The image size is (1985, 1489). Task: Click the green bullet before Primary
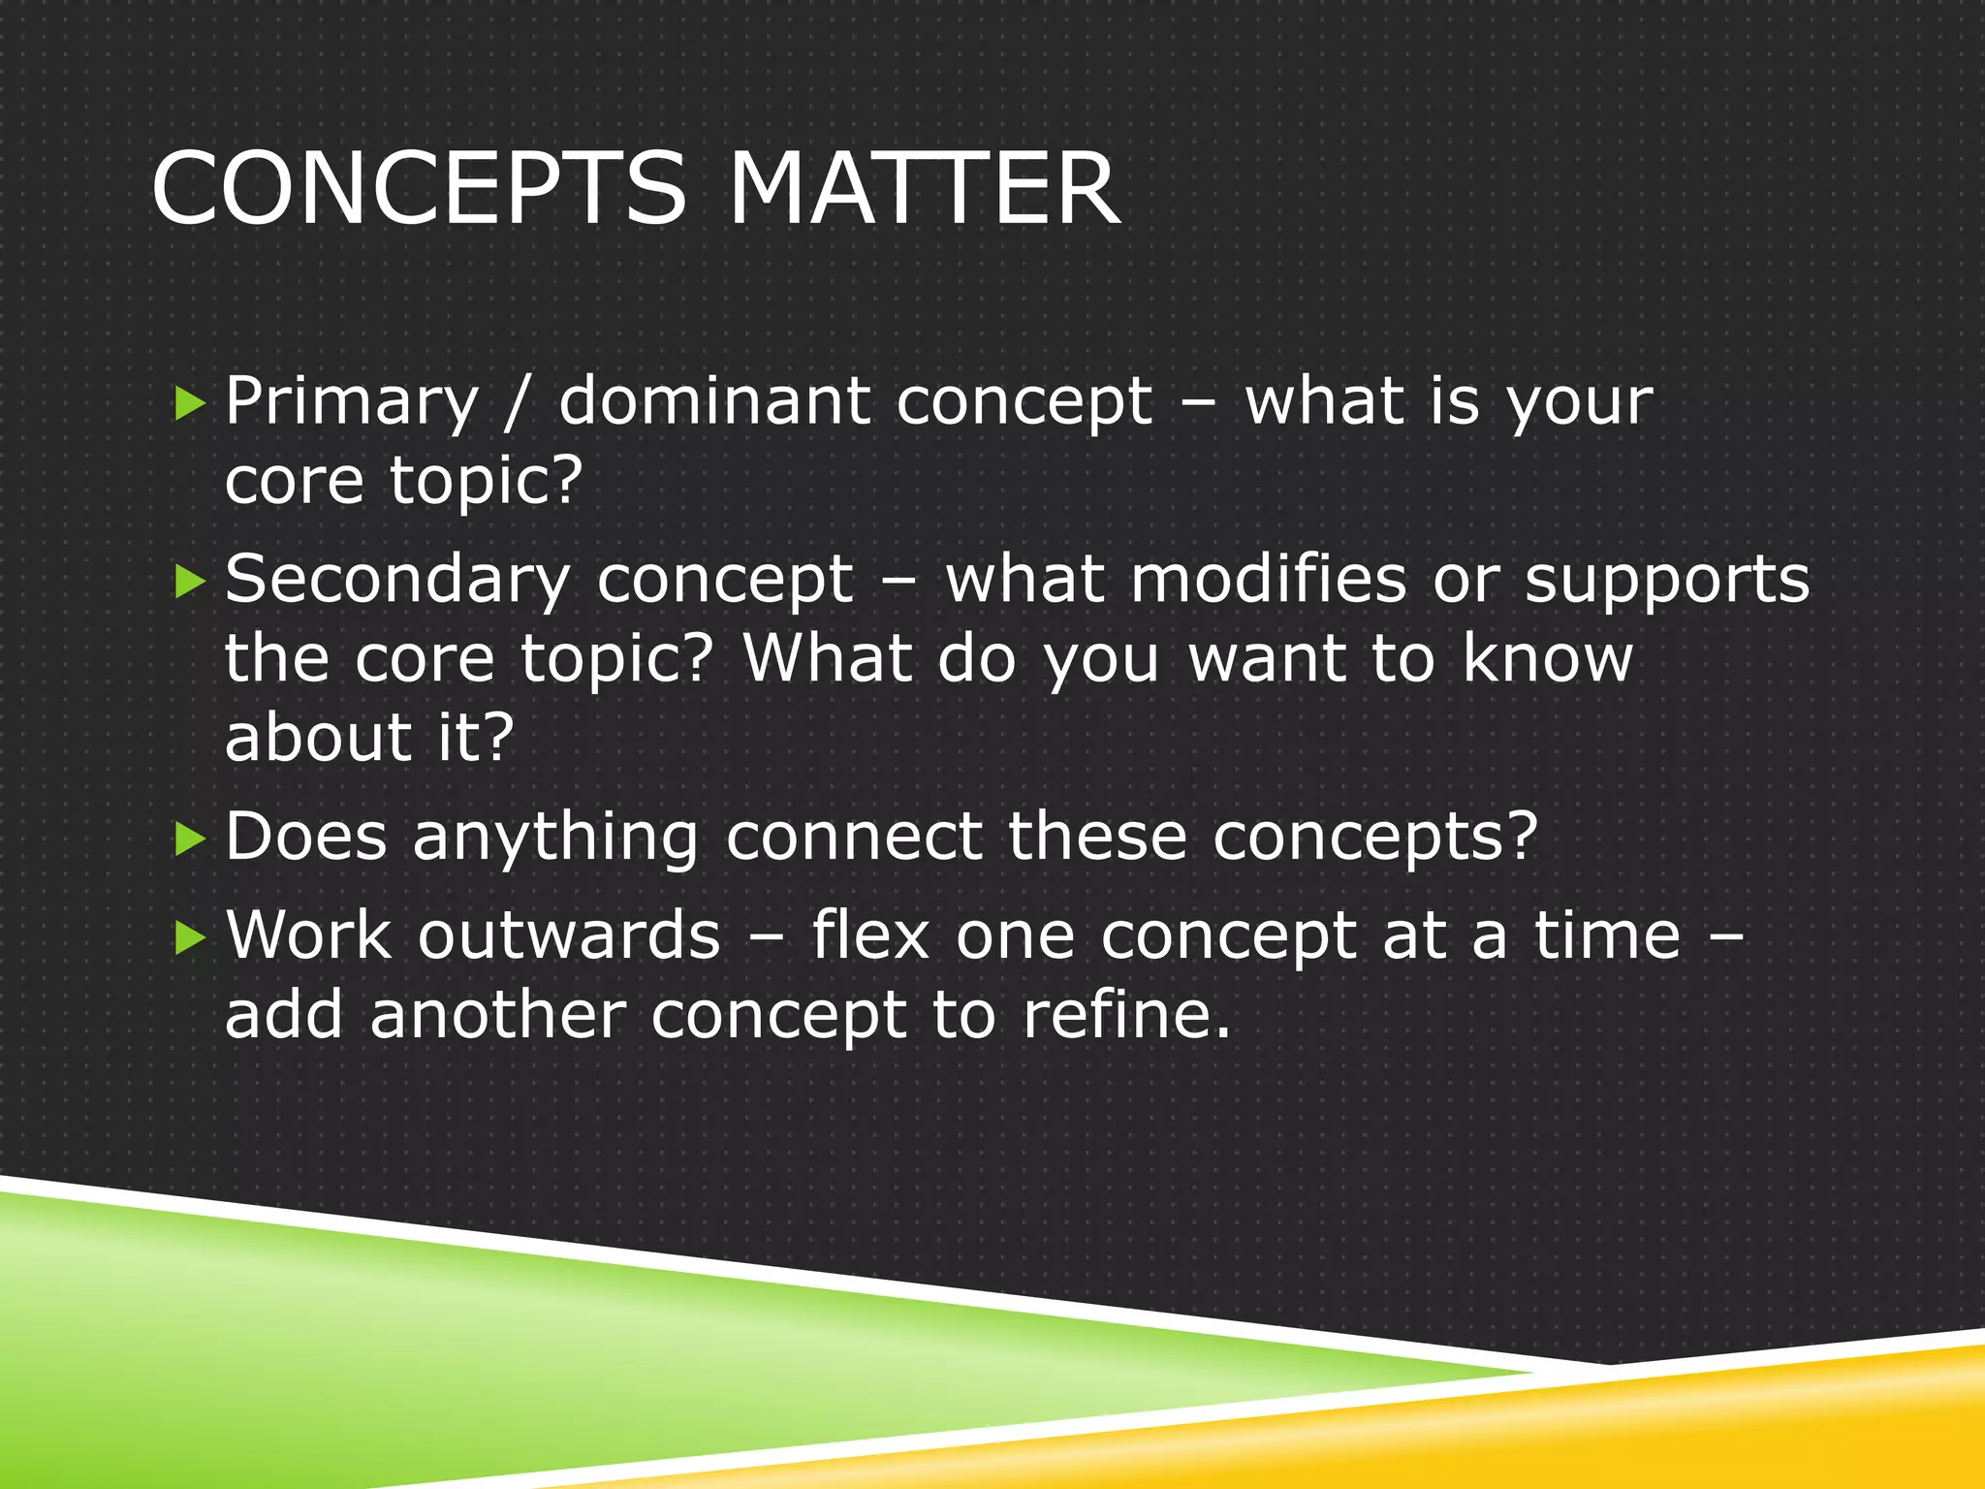[191, 403]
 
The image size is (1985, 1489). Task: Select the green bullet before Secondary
[191, 582]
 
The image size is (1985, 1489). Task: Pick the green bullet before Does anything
[191, 839]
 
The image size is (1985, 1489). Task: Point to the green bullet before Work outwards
[191, 937]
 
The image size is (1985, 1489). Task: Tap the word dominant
[714, 400]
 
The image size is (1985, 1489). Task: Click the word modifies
[1269, 579]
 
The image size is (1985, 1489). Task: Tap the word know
[1547, 658]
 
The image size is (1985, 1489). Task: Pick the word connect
[854, 838]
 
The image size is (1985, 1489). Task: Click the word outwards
[570, 935]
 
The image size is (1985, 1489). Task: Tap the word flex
[870, 935]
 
